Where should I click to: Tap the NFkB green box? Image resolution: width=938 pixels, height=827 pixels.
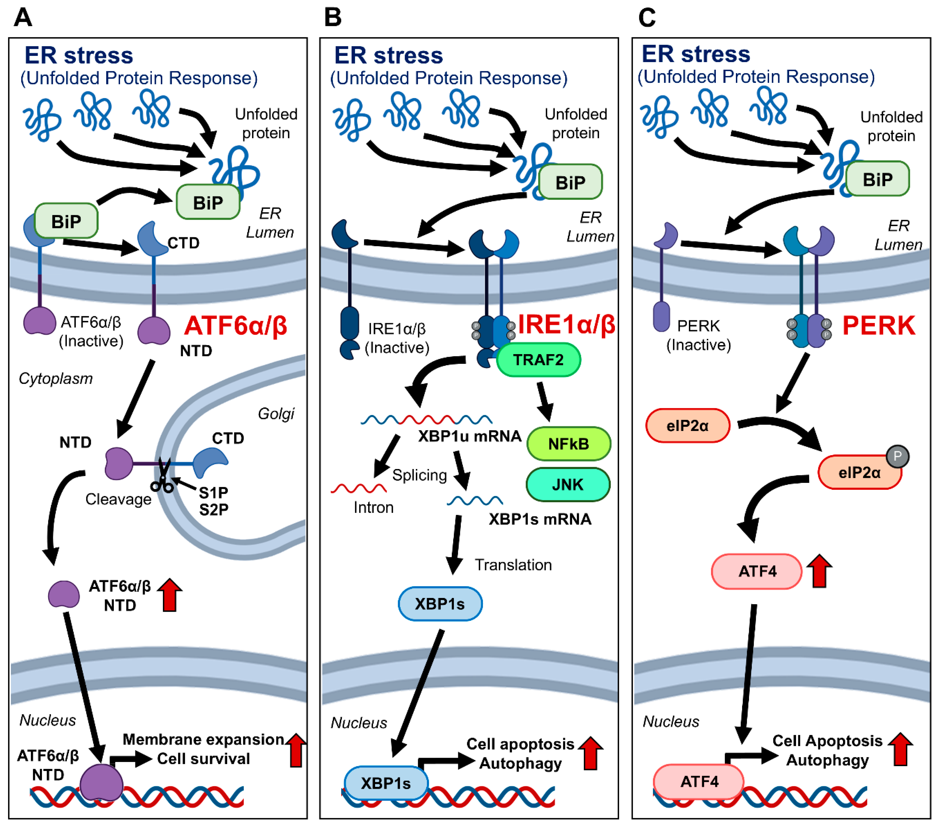point(569,443)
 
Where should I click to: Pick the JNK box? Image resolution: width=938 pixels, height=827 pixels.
point(568,485)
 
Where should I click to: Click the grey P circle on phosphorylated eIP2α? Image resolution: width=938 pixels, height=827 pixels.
point(897,456)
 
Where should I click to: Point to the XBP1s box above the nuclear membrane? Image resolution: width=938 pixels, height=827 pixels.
point(440,603)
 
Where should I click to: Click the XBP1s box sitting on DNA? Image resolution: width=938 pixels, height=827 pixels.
point(385,782)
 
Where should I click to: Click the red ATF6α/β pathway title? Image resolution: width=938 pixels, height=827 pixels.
point(236,325)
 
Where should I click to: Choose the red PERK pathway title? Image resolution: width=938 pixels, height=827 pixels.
point(878,325)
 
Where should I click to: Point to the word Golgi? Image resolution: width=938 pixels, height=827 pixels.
point(276,414)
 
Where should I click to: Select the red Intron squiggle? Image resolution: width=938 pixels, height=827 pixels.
point(358,488)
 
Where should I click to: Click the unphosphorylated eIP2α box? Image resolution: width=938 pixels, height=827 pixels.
point(687,426)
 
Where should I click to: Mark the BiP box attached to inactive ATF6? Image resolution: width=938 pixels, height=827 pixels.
point(66,221)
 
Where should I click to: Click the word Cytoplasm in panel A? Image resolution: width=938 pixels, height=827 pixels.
point(56,378)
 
